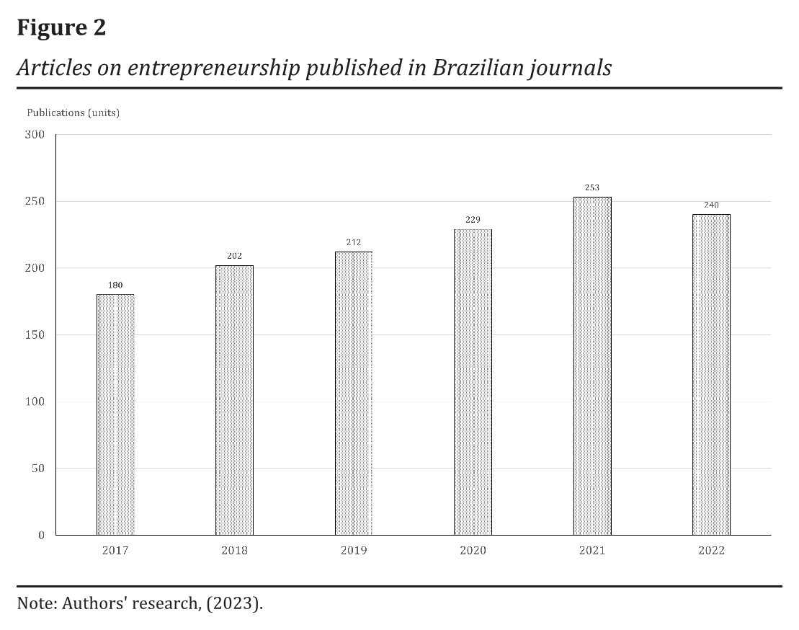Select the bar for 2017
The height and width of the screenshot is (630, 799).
tap(115, 414)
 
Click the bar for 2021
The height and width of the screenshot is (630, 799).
tap(592, 365)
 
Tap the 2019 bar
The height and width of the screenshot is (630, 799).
tap(354, 393)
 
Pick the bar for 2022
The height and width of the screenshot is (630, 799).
tap(711, 374)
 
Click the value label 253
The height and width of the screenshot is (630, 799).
tap(592, 187)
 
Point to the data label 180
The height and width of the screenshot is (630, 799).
tap(115, 285)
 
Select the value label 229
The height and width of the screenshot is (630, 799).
tap(473, 220)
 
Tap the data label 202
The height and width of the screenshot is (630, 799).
tap(234, 256)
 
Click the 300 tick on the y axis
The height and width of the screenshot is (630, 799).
tap(36, 135)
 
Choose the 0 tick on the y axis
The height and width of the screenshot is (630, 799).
tap(41, 535)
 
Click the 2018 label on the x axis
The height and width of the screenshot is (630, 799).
tap(234, 551)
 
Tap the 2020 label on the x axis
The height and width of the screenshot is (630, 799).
tap(473, 551)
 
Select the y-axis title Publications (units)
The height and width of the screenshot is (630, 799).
tap(73, 112)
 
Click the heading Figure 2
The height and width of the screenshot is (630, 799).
tap(61, 27)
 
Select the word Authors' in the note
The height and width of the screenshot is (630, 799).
tap(91, 603)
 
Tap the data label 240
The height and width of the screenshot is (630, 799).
tap(711, 205)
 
